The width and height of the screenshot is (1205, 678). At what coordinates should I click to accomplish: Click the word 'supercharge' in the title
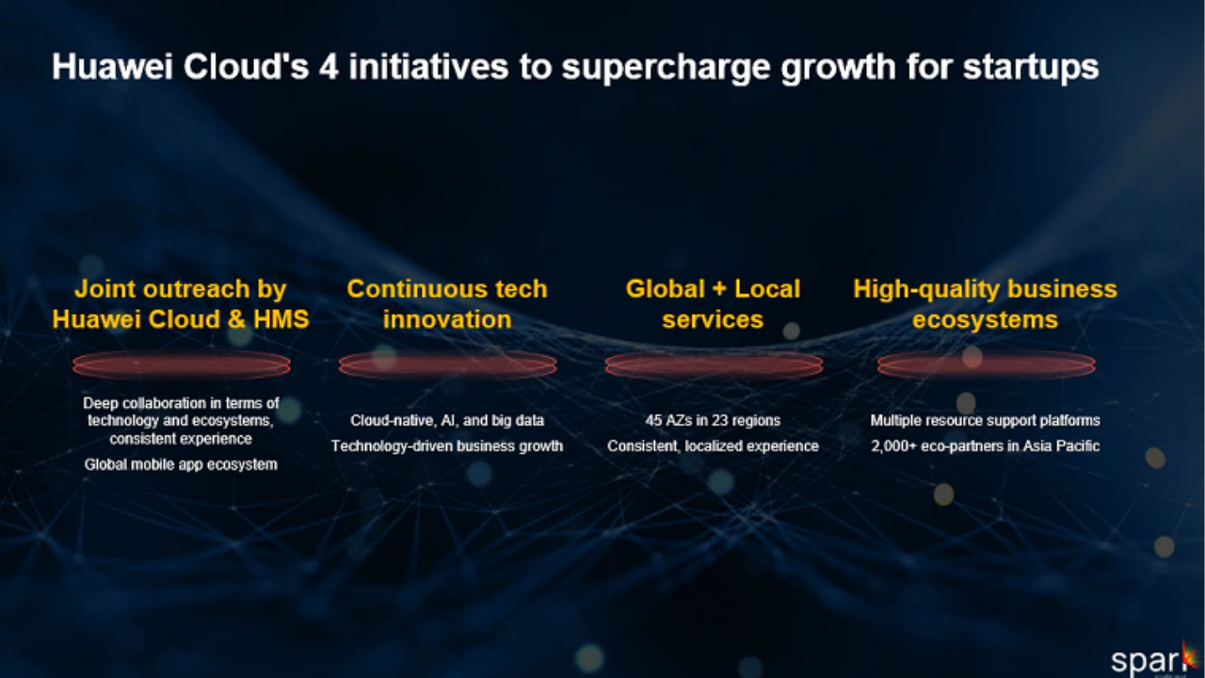666,68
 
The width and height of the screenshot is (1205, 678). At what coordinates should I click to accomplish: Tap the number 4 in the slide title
329,67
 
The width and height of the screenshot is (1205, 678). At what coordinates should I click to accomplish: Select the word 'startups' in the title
1031,69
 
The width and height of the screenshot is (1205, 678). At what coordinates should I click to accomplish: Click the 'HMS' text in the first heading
281,319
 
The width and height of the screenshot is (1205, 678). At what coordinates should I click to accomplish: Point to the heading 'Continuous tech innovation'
447,304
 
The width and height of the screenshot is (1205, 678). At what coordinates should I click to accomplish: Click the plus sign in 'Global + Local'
718,289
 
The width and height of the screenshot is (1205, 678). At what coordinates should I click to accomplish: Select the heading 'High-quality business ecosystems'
985,304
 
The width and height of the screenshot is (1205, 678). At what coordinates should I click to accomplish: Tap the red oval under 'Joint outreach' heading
182,365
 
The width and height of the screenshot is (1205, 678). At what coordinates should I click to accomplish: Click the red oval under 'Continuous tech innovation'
447,365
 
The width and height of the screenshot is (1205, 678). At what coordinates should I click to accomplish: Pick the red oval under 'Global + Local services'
714,365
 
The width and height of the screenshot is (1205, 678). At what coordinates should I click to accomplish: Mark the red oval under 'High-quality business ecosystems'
986,365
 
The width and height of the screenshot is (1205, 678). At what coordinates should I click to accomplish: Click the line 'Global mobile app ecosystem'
181,465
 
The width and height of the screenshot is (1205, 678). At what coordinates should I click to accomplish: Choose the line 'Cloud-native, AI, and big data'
447,420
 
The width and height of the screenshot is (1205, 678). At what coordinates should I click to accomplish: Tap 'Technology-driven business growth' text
447,446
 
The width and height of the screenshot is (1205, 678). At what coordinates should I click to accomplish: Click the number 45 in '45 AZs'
653,420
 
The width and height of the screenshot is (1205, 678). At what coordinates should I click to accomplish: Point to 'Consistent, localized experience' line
713,446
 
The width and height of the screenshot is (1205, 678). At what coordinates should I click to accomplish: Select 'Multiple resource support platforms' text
985,420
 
